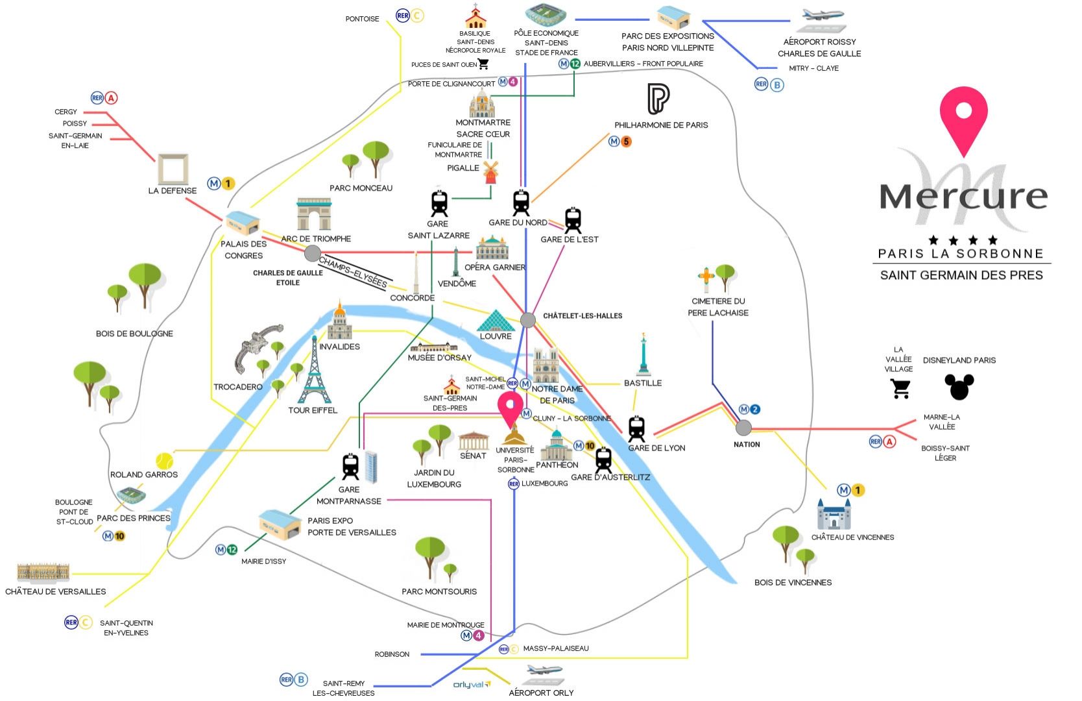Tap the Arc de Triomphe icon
tap(314, 215)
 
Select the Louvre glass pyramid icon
tap(496, 321)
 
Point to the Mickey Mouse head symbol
tap(959, 386)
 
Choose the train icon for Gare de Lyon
tap(636, 429)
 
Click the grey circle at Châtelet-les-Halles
tap(528, 319)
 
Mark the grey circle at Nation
tap(744, 428)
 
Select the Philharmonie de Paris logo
tap(658, 99)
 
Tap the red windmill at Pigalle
tap(490, 172)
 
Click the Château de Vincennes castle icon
tap(834, 515)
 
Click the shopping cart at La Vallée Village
tap(900, 388)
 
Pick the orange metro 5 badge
tap(626, 141)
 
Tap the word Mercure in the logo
tap(963, 195)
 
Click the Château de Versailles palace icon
tap(43, 572)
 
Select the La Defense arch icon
tap(173, 169)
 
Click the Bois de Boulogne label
tap(134, 334)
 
